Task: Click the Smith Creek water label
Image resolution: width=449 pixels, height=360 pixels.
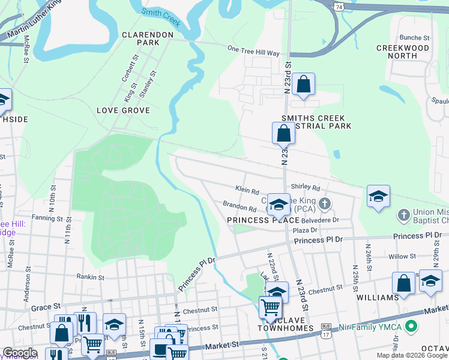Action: pyautogui.click(x=161, y=17)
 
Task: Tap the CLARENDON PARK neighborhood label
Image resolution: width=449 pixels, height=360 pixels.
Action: pyautogui.click(x=148, y=39)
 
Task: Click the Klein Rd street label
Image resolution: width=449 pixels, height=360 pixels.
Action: pyautogui.click(x=247, y=190)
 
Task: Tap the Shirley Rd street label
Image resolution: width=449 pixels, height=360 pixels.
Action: pyautogui.click(x=306, y=188)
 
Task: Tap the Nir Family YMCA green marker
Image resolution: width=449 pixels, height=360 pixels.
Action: pyautogui.click(x=411, y=328)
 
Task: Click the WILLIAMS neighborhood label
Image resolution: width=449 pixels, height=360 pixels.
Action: pyautogui.click(x=377, y=298)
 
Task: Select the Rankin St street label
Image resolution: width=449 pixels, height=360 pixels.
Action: pyautogui.click(x=91, y=277)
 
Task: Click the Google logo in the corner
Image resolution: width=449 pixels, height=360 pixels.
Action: pyautogui.click(x=19, y=353)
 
